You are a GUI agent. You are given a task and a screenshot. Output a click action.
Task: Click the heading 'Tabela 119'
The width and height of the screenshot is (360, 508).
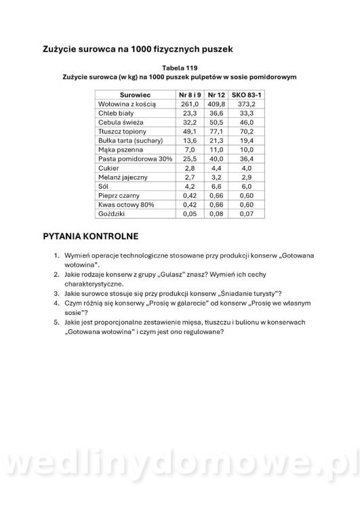coord(180,68)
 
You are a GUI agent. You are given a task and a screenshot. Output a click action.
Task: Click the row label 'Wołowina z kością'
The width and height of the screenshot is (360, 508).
coord(127,105)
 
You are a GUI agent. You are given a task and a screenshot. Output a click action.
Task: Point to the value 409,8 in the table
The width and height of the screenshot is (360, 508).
coord(216,105)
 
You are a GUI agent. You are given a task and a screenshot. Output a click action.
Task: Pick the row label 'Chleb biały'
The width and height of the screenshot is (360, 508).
coord(117,114)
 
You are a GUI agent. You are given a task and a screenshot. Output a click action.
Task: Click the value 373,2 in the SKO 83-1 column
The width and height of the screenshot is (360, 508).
coord(247,105)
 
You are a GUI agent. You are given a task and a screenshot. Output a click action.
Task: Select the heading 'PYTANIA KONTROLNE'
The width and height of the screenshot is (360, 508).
coord(90,237)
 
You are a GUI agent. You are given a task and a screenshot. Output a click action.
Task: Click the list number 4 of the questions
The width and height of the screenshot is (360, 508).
coord(57,304)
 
